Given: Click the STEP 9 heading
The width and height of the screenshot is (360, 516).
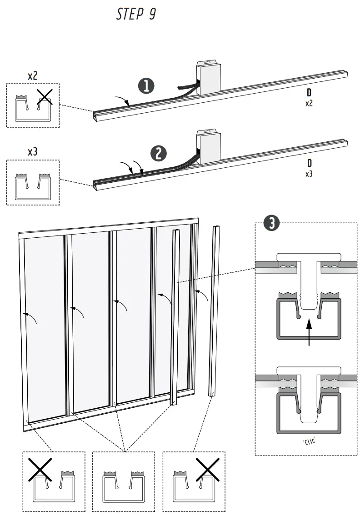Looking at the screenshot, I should (x=136, y=14).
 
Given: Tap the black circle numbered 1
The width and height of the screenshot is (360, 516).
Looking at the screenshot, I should (x=146, y=86).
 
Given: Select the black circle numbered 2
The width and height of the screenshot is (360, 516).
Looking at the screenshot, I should (x=159, y=153).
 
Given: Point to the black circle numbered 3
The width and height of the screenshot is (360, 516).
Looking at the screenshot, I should (x=271, y=223).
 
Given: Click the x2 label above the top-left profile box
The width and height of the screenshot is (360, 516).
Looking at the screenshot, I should (x=33, y=75).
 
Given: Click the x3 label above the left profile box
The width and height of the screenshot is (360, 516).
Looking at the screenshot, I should (x=32, y=152).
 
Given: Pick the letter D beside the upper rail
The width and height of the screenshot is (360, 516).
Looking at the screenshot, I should (x=309, y=94).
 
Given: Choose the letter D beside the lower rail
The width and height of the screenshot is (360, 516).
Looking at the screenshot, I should (x=309, y=163).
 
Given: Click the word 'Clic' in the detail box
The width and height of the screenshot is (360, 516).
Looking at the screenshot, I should (x=309, y=441).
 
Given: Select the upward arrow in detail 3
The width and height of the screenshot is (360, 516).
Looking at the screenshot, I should (x=309, y=331).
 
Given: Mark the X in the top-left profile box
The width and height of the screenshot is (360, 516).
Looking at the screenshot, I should (x=45, y=97).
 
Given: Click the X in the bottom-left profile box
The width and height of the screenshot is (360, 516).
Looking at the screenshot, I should (x=40, y=470).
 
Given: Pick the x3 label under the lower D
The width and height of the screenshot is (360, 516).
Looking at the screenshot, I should (x=309, y=173).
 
